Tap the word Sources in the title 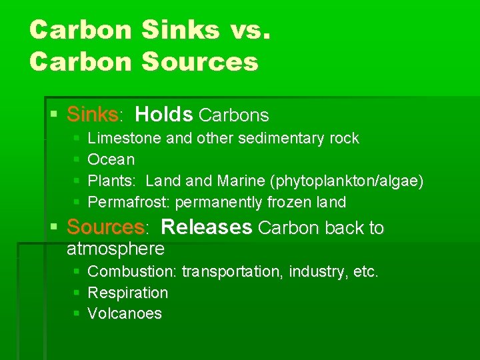coord(200,62)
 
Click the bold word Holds coord(163,115)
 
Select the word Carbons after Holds coord(234,115)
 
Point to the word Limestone coord(125,139)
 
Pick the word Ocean coord(111,160)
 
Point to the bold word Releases coord(207,227)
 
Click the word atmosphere coord(115,249)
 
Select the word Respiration coord(128,293)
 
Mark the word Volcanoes coord(125,314)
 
